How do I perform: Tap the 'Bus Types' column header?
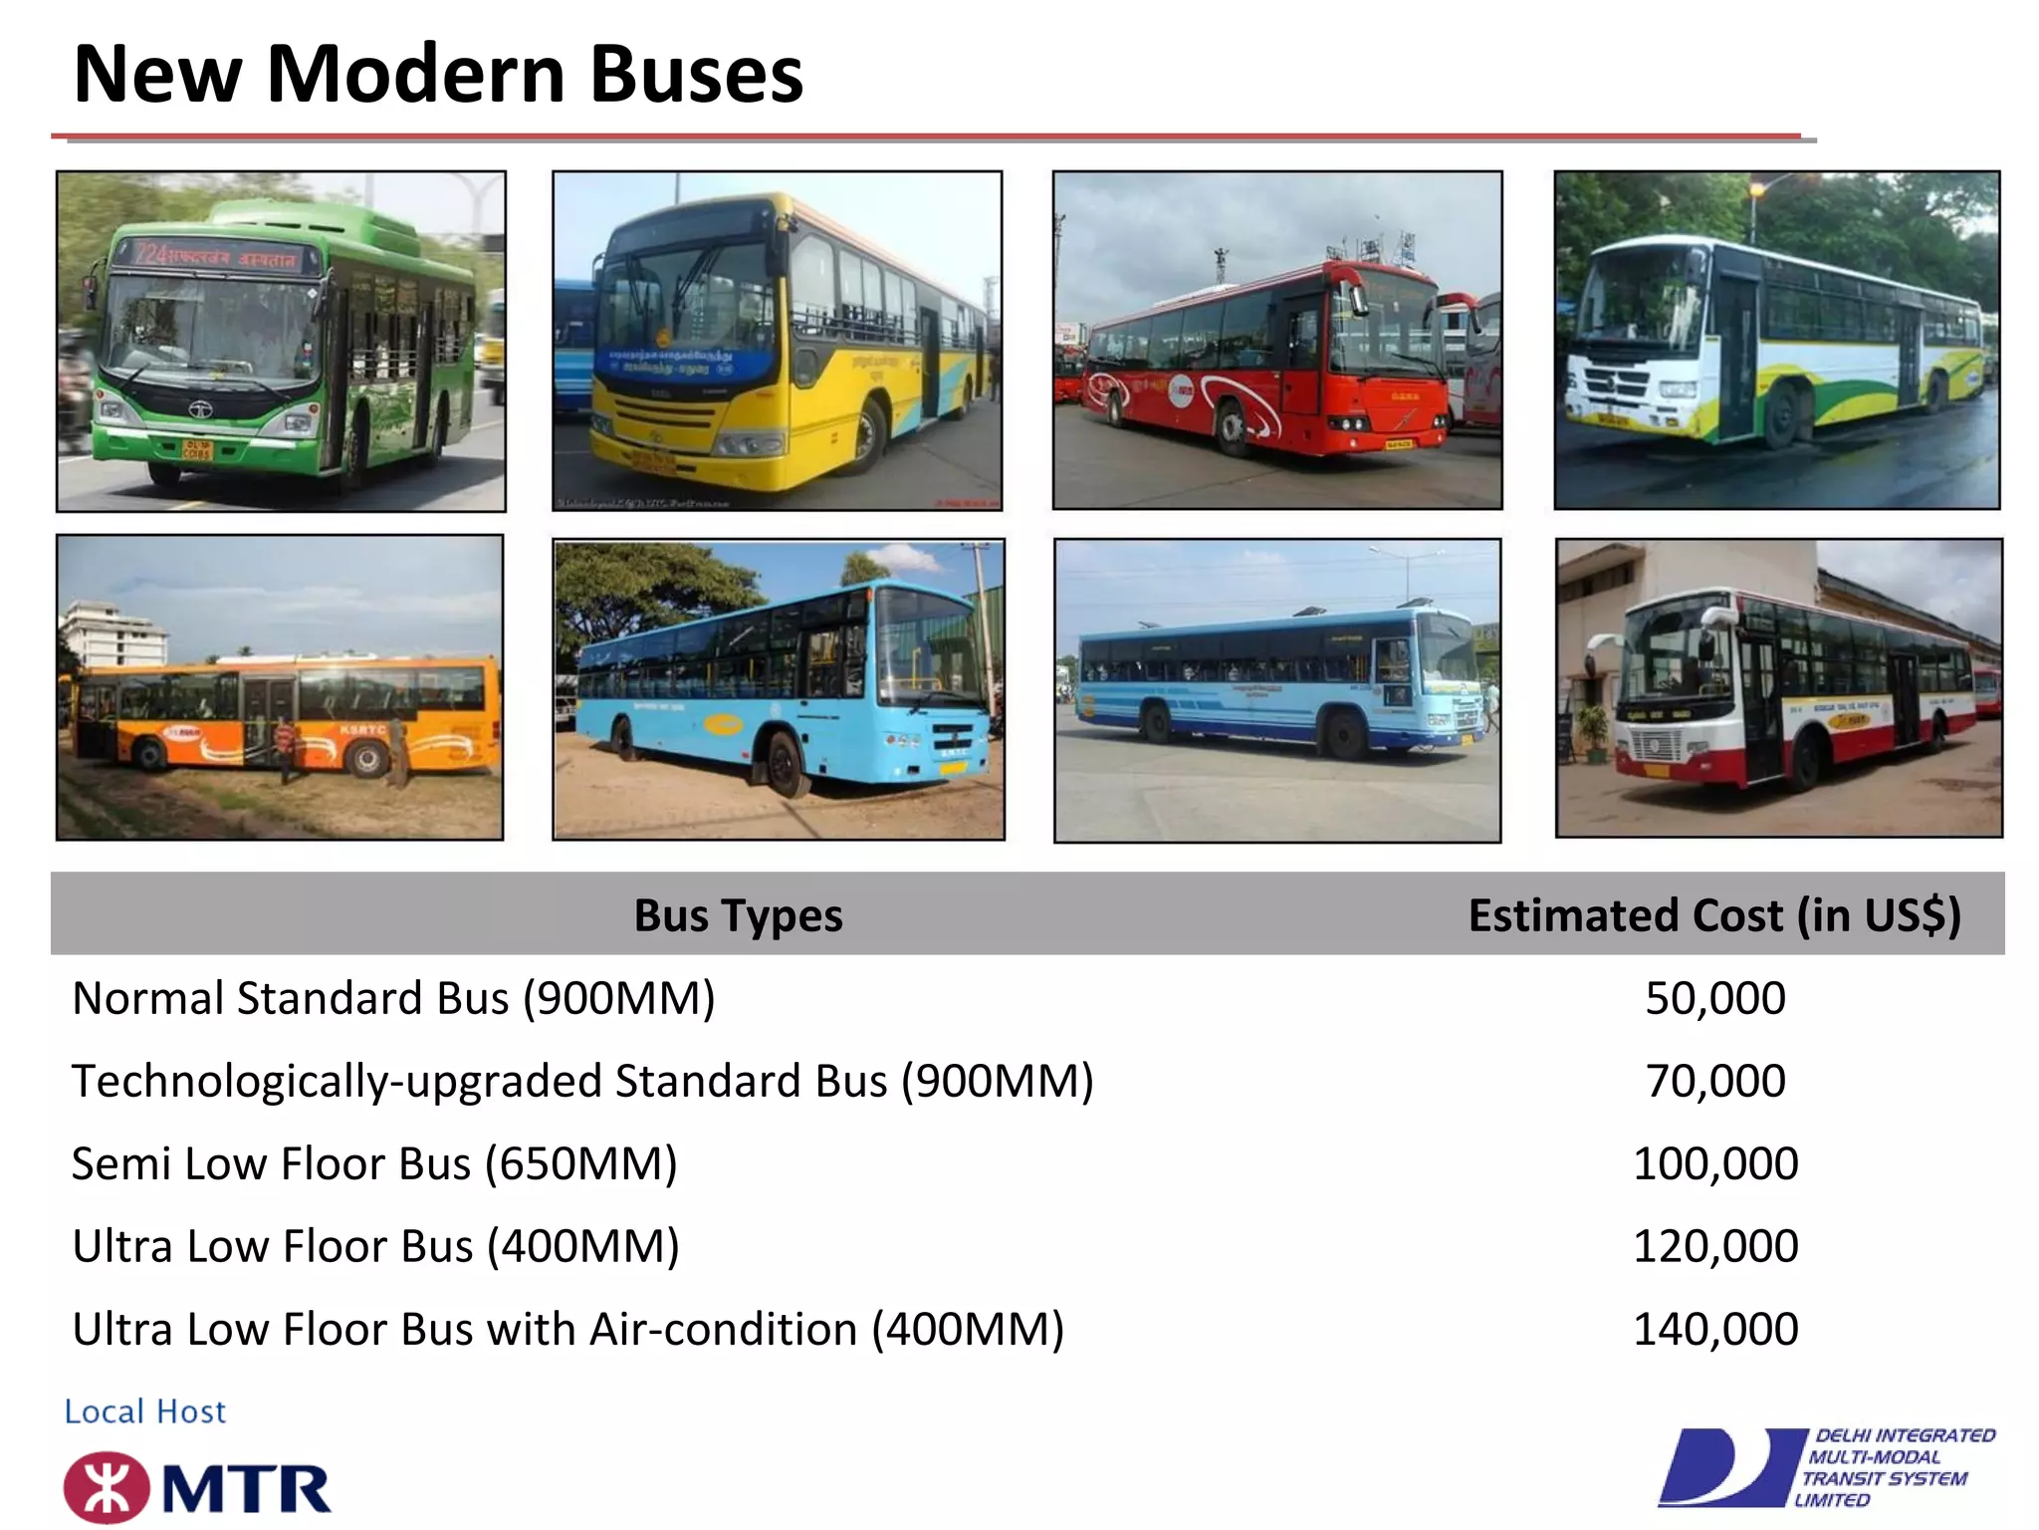[x=738, y=915]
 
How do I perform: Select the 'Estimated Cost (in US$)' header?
[x=1713, y=915]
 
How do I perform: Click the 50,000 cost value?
[x=1714, y=998]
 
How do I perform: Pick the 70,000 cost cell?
[x=1714, y=1081]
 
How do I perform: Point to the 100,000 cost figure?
[x=1714, y=1163]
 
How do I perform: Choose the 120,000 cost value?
[x=1714, y=1246]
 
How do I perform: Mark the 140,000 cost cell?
[x=1714, y=1329]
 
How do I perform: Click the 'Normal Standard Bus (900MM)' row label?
[x=393, y=998]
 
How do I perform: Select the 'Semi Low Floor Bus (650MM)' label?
[x=374, y=1163]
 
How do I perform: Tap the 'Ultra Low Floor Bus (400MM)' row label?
[x=375, y=1246]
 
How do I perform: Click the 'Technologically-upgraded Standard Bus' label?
[x=582, y=1081]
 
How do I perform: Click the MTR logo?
[x=197, y=1488]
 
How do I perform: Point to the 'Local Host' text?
[x=145, y=1411]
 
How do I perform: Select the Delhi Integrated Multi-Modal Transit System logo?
[x=1826, y=1467]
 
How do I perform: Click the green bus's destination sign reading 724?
[x=216, y=256]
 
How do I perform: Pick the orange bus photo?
[x=280, y=687]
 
